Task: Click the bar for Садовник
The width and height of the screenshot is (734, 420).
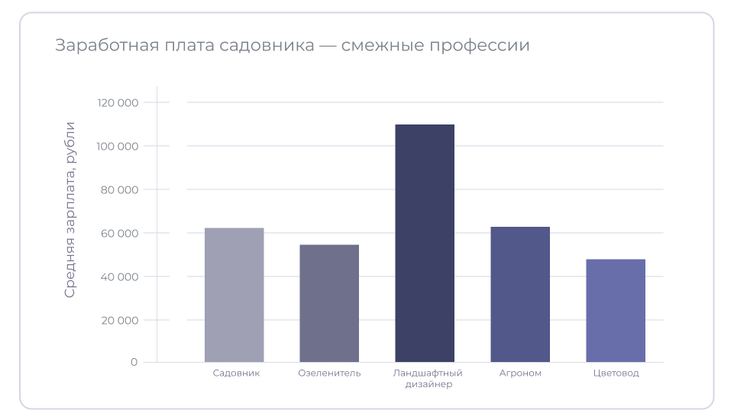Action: (x=234, y=295)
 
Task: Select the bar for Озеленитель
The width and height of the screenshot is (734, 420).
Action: (x=329, y=303)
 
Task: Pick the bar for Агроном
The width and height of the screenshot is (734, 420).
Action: (x=520, y=294)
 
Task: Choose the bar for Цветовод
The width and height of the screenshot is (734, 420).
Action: (x=616, y=310)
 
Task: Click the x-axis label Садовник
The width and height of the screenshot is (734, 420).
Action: (x=236, y=373)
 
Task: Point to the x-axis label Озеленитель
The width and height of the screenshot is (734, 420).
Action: (x=329, y=373)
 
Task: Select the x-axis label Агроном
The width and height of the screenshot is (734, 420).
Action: (x=520, y=373)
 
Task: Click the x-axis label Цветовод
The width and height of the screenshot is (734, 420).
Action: (x=616, y=373)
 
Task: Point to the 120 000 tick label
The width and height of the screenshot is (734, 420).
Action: (x=118, y=102)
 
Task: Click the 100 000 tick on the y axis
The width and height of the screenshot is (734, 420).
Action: (x=118, y=146)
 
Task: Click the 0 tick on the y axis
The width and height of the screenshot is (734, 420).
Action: (x=134, y=362)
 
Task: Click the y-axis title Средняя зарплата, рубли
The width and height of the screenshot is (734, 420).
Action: (x=70, y=209)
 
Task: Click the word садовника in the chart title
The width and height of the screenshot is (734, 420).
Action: (x=267, y=45)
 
